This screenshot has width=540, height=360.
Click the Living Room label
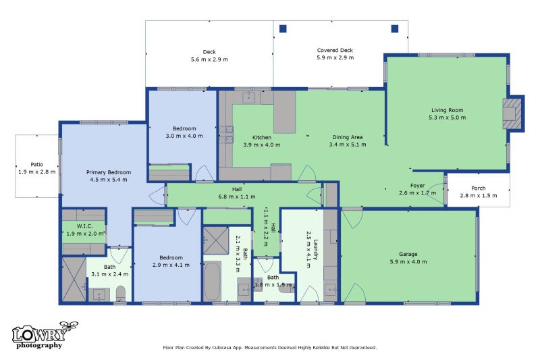tap(447, 110)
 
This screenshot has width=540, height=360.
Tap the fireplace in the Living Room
tap(512, 113)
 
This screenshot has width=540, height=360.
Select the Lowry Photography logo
tap(45, 335)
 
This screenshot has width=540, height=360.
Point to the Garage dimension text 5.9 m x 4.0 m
tap(408, 262)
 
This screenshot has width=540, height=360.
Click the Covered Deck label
tap(335, 50)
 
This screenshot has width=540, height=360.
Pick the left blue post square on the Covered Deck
tap(283, 28)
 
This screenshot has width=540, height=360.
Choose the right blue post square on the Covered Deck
tap(395, 28)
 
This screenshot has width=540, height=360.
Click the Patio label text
tap(37, 165)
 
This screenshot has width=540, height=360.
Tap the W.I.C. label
tap(84, 226)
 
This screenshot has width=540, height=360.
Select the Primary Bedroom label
tap(109, 172)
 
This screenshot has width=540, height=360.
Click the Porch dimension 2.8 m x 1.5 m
tap(479, 196)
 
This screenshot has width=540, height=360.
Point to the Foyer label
tap(417, 186)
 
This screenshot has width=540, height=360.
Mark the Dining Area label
tap(347, 137)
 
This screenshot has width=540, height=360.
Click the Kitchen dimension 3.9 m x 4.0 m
tap(262, 145)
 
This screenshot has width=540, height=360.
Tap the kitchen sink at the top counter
tap(248, 97)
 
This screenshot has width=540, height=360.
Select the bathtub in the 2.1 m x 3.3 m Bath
tap(212, 281)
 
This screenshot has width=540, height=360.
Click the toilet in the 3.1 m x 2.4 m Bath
tap(121, 294)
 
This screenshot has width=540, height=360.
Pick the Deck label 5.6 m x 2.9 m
tap(209, 56)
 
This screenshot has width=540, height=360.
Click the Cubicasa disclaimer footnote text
tap(269, 348)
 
